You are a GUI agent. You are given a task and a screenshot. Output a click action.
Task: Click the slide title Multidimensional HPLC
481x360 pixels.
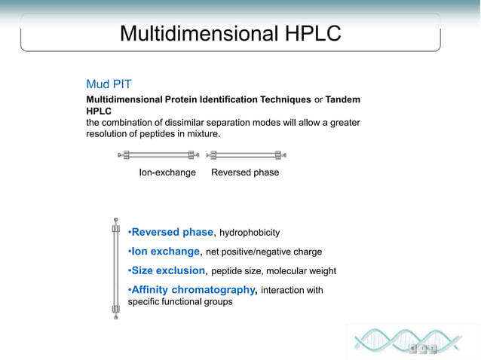[230, 34]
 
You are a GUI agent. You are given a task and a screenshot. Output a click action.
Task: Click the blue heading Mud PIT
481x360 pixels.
[109, 84]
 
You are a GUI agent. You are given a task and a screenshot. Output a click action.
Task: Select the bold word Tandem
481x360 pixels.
[343, 99]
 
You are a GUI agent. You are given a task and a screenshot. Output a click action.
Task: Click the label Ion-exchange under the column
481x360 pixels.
[167, 172]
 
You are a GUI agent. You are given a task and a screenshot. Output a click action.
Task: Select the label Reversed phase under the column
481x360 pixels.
[245, 172]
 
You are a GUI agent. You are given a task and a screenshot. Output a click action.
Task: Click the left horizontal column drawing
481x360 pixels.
[159, 155]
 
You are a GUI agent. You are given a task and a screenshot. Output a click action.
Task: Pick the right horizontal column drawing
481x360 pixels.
[247, 155]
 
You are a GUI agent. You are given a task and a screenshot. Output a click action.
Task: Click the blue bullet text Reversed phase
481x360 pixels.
[172, 232]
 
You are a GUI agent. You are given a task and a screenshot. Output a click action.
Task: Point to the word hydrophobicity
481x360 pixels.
[250, 233]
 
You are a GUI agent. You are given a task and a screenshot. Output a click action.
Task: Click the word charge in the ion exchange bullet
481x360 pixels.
[308, 252]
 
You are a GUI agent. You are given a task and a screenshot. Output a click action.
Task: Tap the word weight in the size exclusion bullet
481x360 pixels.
[322, 271]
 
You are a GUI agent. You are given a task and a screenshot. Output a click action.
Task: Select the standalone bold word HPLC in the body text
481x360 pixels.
[100, 111]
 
